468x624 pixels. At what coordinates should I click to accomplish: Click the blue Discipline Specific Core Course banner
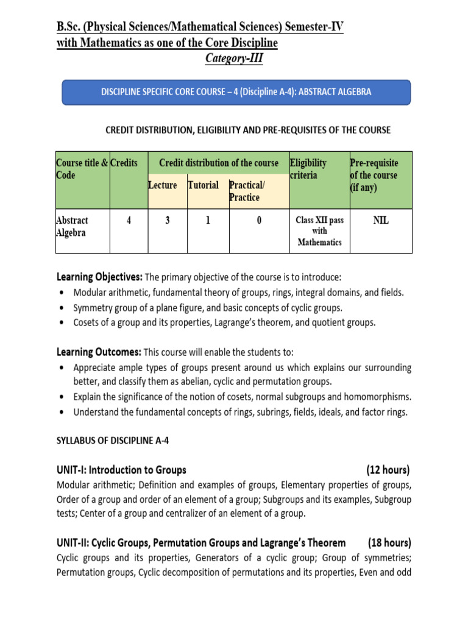[x=236, y=91]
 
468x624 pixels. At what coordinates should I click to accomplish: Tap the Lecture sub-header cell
[x=163, y=185]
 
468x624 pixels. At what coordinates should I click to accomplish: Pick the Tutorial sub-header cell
[x=203, y=185]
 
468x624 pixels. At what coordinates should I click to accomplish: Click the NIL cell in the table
[x=380, y=221]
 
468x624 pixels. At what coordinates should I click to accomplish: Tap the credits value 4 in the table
[x=129, y=221]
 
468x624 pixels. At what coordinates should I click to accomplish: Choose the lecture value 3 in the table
[x=167, y=221]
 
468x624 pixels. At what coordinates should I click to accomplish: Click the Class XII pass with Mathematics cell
[x=320, y=231]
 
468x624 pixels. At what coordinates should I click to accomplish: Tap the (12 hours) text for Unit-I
[x=388, y=470]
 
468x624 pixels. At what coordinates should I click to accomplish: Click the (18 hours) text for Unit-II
[x=389, y=542]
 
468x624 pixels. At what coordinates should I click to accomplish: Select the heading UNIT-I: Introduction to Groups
[x=121, y=470]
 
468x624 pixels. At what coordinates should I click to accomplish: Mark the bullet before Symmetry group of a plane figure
[x=63, y=308]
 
